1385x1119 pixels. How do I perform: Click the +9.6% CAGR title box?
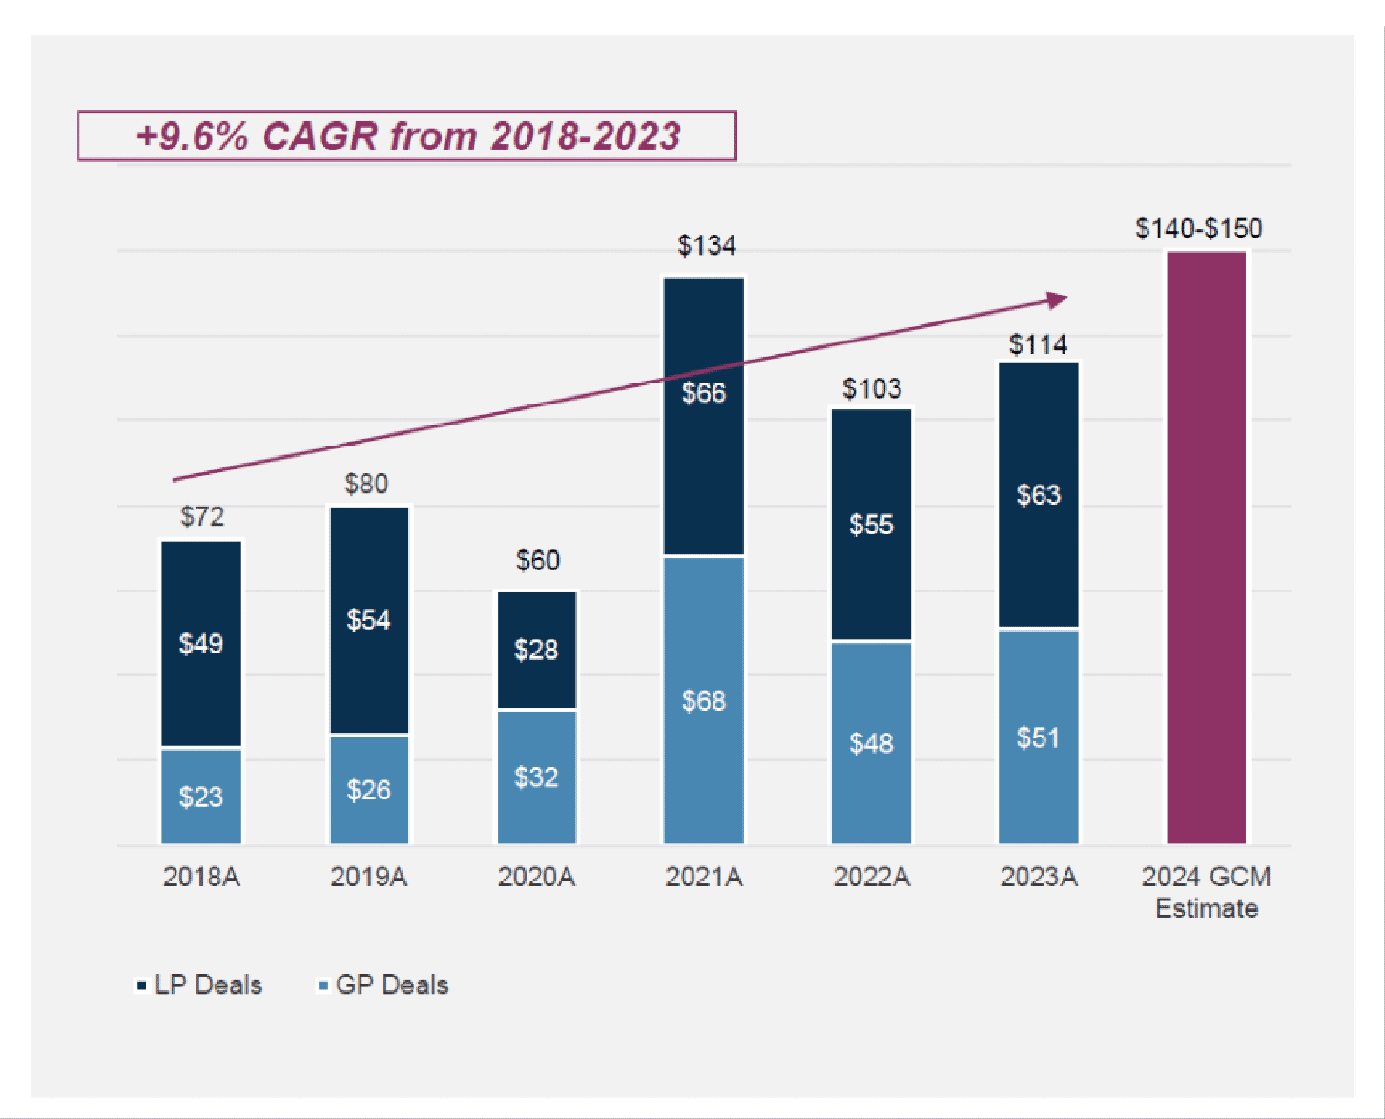coord(407,135)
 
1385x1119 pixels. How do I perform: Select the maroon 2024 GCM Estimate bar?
coord(1206,548)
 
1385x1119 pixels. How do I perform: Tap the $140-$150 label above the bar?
coord(1198,228)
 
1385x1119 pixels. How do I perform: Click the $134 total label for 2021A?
coord(706,245)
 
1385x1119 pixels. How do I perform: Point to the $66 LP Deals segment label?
coord(704,392)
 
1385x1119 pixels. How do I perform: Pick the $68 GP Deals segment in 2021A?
coord(704,700)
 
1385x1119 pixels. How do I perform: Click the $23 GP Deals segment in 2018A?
coord(201,797)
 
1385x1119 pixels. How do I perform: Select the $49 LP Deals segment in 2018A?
coord(201,643)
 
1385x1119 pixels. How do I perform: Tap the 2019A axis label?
coord(368,877)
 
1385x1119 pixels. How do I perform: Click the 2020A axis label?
coord(536,877)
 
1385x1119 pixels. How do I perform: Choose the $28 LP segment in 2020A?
coord(536,650)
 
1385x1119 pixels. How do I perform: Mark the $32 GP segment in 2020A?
coord(536,777)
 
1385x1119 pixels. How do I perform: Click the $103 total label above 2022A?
coord(871,388)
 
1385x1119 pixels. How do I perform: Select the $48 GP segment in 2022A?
coord(871,742)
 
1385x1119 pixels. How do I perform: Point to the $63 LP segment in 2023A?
coord(1038,494)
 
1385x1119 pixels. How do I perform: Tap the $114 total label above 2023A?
coord(1038,344)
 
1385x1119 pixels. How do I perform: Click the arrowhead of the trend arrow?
coord(1057,300)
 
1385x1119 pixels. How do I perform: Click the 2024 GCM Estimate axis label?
coord(1206,892)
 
